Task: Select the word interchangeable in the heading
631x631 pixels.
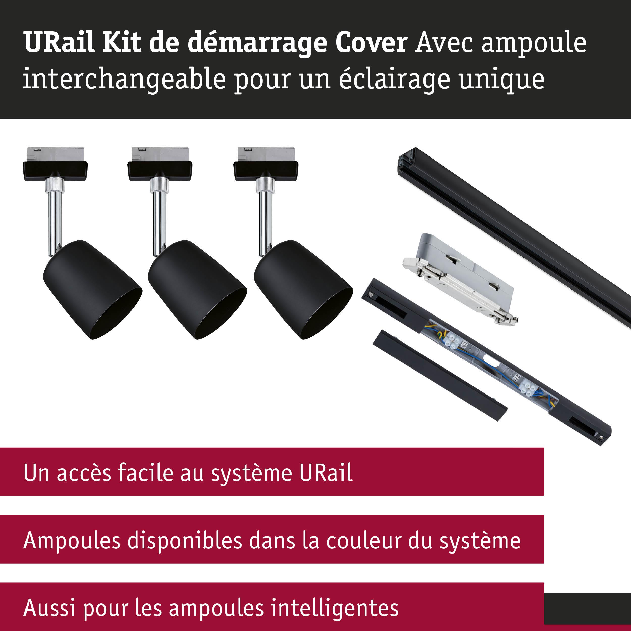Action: [124, 79]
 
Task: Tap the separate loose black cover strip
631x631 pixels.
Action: [440, 375]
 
